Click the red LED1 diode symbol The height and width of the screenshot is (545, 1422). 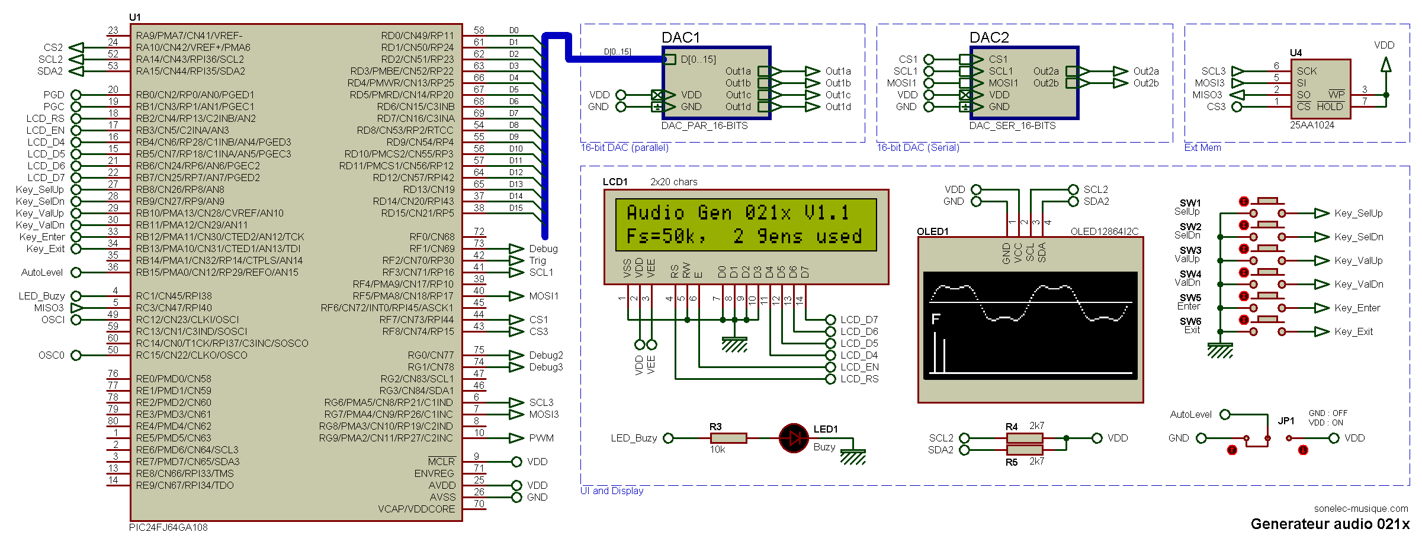[x=794, y=438]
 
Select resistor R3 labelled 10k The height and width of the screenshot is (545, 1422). [x=728, y=438]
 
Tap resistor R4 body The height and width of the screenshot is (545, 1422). [x=1025, y=438]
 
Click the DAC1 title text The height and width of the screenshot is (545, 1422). [x=680, y=38]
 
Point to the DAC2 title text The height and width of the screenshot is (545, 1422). [x=988, y=38]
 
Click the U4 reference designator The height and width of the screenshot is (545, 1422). [x=1296, y=53]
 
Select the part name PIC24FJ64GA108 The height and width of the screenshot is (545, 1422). [x=168, y=527]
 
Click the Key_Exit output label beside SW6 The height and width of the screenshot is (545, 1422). [x=1353, y=331]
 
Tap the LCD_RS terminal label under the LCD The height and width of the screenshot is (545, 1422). [x=859, y=379]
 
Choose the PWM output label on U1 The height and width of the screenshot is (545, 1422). [x=541, y=438]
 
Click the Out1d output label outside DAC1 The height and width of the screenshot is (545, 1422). [x=838, y=107]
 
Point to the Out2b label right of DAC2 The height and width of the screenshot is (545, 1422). [x=1146, y=83]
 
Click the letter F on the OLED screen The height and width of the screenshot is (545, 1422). [x=936, y=320]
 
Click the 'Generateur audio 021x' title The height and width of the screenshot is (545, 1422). [x=1330, y=524]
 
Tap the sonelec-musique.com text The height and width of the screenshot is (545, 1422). [x=1361, y=508]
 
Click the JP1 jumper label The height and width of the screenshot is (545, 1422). [x=1286, y=421]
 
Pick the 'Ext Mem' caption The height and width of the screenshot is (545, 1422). [x=1202, y=147]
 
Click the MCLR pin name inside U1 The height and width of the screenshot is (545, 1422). [x=441, y=462]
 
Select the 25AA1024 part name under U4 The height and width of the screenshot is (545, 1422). [x=1312, y=125]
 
